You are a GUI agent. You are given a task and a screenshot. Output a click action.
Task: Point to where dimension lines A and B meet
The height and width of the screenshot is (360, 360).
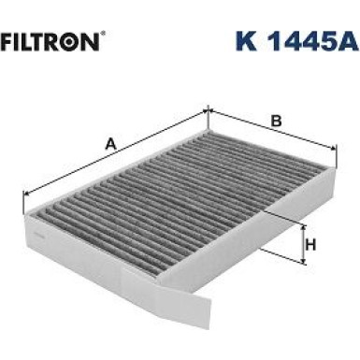click(x=206, y=111)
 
